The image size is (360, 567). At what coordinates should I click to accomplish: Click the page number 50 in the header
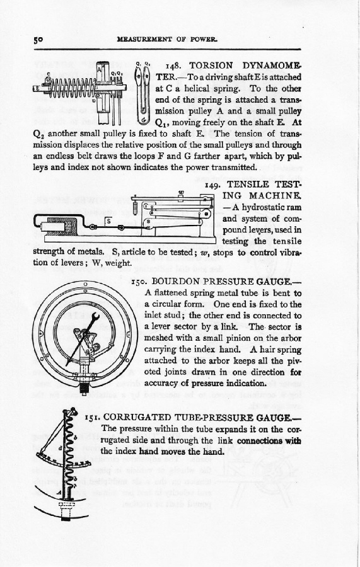(38, 40)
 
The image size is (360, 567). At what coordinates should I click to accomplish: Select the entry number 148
(173, 66)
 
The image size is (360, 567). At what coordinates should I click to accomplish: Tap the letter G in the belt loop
(144, 118)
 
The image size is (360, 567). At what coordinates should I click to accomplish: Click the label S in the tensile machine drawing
(108, 221)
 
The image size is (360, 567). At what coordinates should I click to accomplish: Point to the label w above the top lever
(182, 192)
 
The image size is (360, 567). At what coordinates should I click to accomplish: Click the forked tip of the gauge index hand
(95, 317)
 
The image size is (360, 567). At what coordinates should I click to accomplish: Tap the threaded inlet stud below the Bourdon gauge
(85, 388)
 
